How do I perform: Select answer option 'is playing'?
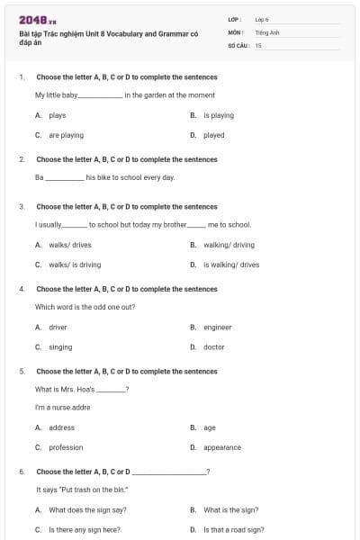point(219,115)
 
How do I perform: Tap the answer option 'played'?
point(214,135)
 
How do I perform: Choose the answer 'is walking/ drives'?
point(231,265)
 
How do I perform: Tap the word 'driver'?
point(58,328)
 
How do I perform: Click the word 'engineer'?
point(218,328)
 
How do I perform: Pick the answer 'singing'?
point(60,347)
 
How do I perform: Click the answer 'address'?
point(61,427)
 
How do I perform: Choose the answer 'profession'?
point(66,447)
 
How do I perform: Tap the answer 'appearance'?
point(222,447)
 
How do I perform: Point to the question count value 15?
point(258,45)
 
